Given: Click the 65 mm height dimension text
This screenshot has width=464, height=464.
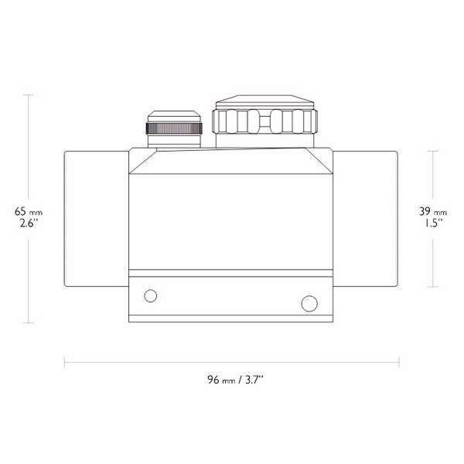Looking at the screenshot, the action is point(28,212).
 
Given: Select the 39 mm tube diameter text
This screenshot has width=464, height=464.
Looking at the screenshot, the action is point(433,212).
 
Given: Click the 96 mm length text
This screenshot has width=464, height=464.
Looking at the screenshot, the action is point(221,380).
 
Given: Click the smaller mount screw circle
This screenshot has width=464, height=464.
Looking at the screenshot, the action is point(150,295).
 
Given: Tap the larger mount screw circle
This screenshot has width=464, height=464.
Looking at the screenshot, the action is point(309,304).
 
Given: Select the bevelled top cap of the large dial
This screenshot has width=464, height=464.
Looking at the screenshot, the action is point(265,101).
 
